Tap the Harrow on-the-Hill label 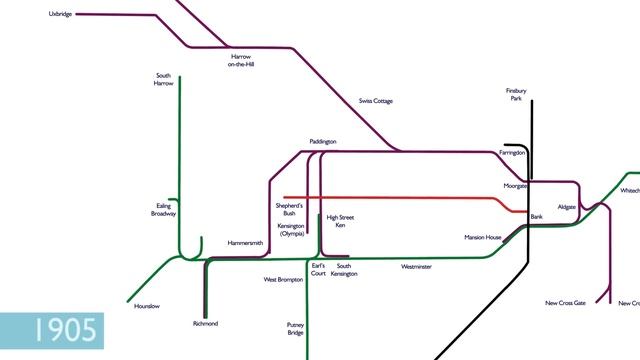point(241,60)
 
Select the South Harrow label point(164,79)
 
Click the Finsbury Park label point(515,95)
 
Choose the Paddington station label point(323,142)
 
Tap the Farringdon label point(511,153)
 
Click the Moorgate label point(515,186)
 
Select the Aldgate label point(567,206)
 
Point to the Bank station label point(536,217)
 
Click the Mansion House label point(482,237)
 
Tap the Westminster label point(416,267)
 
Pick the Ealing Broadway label point(164,210)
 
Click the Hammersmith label point(245,243)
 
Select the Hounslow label point(146,305)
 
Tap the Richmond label point(205,324)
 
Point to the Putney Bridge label point(295,328)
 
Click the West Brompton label point(283,280)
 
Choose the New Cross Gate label point(565,303)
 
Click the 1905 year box point(51,330)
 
